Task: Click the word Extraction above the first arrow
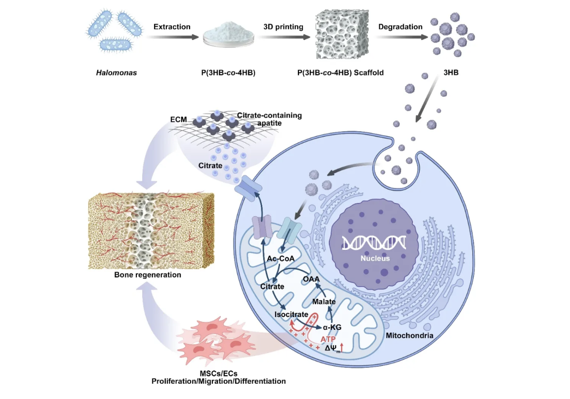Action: tap(172, 27)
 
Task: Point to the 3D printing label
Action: tap(284, 27)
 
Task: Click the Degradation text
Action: tap(401, 27)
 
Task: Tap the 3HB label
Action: tap(451, 73)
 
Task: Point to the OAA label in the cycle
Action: tap(311, 279)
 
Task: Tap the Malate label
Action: tap(324, 302)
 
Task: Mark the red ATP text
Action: tap(328, 339)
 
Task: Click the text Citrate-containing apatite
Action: tap(269, 119)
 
